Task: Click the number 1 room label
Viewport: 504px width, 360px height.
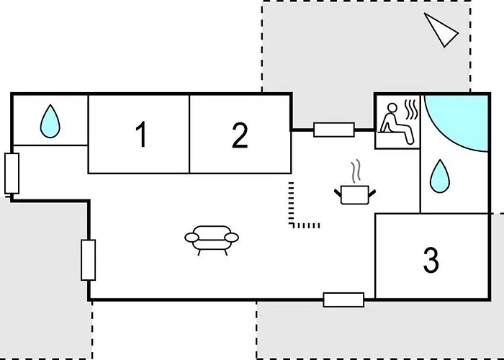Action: [x=141, y=134]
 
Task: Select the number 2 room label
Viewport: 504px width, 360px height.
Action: [x=240, y=135]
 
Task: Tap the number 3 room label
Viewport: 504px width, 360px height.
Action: [x=431, y=260]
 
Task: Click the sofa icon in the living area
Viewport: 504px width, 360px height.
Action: [x=212, y=240]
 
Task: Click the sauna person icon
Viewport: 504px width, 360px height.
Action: [x=397, y=123]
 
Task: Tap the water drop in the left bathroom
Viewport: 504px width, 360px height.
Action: [x=50, y=121]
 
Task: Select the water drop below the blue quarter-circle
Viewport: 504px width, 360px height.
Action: [x=439, y=176]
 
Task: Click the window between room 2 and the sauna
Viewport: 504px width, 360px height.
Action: [x=334, y=130]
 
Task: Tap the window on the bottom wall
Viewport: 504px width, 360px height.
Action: [x=343, y=300]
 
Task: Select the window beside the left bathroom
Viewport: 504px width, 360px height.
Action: [x=12, y=174]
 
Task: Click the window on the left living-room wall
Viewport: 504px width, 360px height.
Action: [x=89, y=260]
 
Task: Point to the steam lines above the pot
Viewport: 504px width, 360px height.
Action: [x=356, y=172]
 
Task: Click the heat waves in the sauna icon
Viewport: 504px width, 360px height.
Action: [x=411, y=109]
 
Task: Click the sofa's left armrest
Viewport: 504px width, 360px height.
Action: [x=192, y=238]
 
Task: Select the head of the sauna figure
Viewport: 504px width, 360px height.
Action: [x=392, y=107]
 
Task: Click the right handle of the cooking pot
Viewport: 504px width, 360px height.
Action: [x=372, y=193]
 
